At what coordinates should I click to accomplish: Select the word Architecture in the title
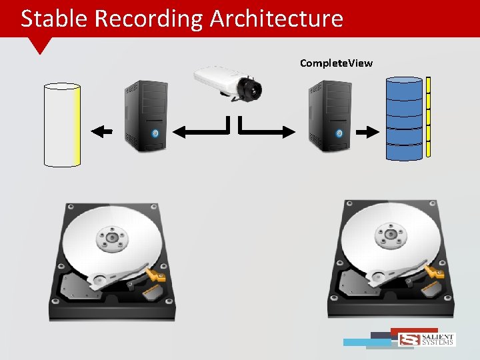point(276,19)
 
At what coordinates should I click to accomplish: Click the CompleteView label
point(336,63)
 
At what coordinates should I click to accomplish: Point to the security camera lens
point(254,87)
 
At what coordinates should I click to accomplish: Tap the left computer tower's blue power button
point(155,133)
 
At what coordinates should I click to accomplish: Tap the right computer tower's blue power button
point(339,133)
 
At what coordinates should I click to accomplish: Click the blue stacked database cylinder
point(404,119)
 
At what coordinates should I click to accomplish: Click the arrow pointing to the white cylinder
point(102,131)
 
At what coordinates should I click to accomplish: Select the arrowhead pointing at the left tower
point(178,131)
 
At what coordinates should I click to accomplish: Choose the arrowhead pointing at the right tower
point(289,131)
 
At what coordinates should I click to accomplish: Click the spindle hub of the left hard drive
point(111,237)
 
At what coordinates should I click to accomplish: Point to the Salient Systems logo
point(426,339)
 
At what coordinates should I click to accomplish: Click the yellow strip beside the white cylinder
point(77,125)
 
